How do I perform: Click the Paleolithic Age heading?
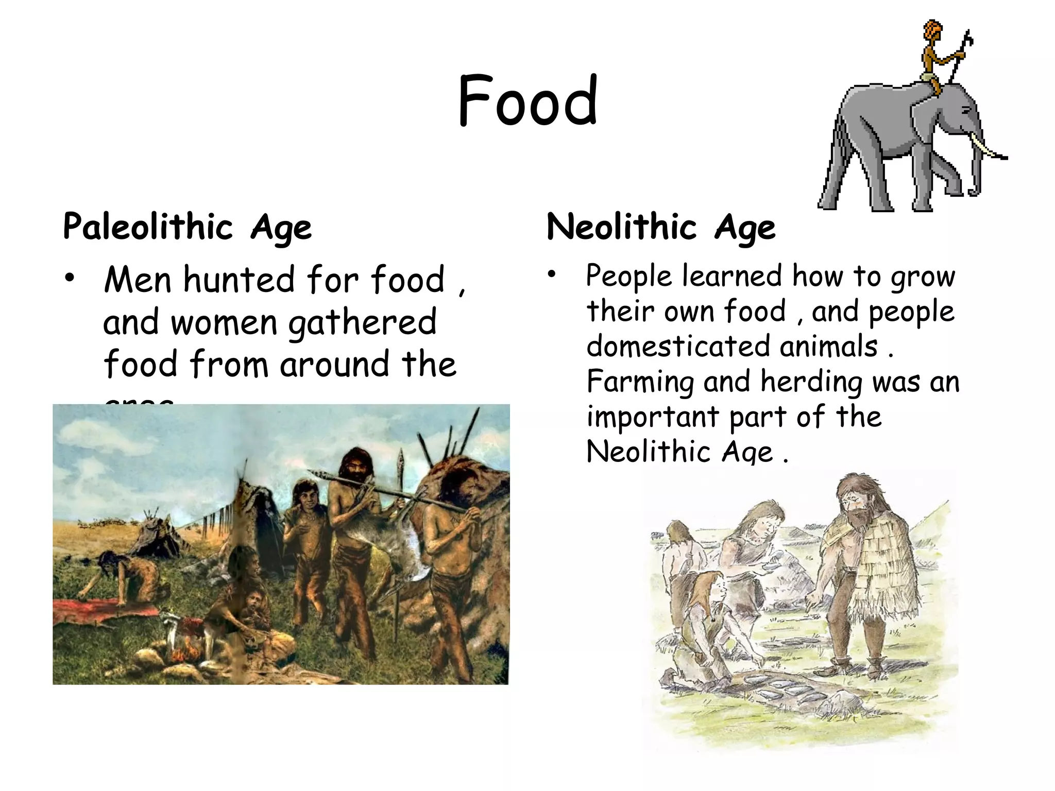[187, 227]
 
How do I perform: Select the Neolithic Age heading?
[661, 227]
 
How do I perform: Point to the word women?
[224, 323]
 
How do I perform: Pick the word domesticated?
[680, 346]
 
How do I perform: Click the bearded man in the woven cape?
[871, 561]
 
